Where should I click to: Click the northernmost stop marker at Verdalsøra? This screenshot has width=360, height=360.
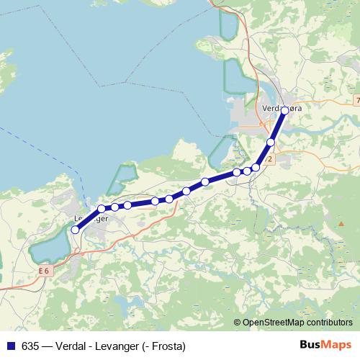(x=285, y=110)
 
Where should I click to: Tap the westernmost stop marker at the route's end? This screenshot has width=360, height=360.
(x=75, y=230)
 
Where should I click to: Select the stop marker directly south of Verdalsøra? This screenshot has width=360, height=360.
(x=271, y=143)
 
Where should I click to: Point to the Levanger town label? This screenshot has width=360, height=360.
(x=91, y=218)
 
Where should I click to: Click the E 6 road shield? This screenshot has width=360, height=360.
(x=46, y=270)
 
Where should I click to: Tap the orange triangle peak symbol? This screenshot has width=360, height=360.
(x=340, y=223)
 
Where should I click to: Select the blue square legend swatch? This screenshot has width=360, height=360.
(x=9, y=346)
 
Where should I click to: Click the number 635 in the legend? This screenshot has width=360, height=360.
(x=30, y=346)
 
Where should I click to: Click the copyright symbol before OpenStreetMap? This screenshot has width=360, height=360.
(x=238, y=323)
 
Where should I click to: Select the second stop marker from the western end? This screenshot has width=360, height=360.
(x=102, y=209)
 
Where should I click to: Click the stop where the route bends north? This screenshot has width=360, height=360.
(x=256, y=168)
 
